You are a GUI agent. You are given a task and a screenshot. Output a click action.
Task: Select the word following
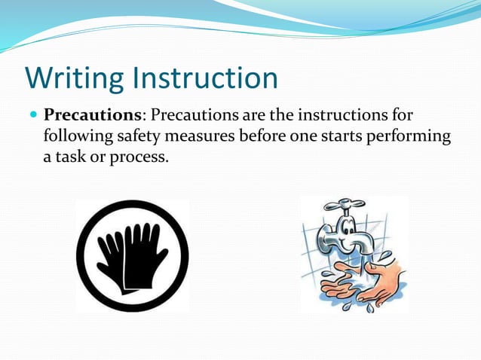(x=75, y=137)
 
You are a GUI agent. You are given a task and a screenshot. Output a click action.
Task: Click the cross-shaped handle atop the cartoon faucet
(x=346, y=206)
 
